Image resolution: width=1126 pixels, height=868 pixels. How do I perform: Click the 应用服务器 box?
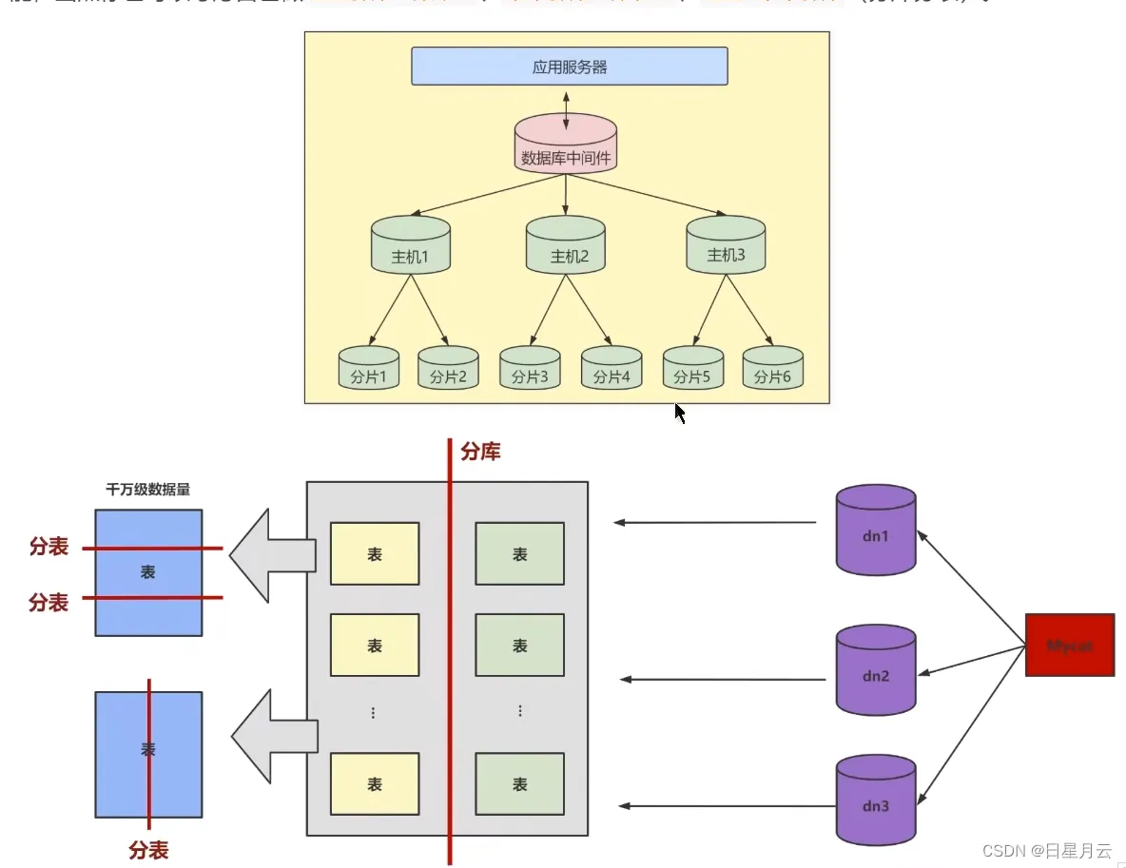pyautogui.click(x=569, y=67)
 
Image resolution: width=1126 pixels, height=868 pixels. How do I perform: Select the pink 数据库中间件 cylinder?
pyautogui.click(x=566, y=145)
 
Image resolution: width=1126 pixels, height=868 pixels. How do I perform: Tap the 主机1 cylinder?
pyautogui.click(x=410, y=245)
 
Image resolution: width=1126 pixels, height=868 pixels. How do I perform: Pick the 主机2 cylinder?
pyautogui.click(x=566, y=245)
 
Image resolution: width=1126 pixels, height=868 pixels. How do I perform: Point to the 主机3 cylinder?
pyautogui.click(x=726, y=244)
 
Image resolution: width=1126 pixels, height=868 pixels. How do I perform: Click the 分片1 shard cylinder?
pyautogui.click(x=369, y=368)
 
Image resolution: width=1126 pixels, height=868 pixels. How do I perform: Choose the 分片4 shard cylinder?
pyautogui.click(x=612, y=368)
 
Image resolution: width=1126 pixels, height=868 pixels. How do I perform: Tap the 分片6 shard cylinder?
pyautogui.click(x=772, y=368)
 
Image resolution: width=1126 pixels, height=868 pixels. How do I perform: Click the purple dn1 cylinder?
pyautogui.click(x=876, y=530)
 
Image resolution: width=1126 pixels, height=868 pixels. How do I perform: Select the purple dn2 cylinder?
pyautogui.click(x=876, y=670)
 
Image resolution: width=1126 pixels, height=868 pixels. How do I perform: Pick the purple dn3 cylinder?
pyautogui.click(x=876, y=800)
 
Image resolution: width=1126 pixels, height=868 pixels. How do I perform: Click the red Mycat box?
pyautogui.click(x=1069, y=645)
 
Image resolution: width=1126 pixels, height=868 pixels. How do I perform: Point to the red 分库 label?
pyautogui.click(x=480, y=452)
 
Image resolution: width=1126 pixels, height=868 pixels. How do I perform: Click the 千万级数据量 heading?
pyautogui.click(x=147, y=491)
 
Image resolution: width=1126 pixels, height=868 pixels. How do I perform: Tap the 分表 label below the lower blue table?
pyautogui.click(x=148, y=849)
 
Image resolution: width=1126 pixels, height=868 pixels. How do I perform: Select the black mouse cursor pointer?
pyautogui.click(x=680, y=413)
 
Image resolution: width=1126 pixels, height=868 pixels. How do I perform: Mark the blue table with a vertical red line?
pyautogui.click(x=148, y=754)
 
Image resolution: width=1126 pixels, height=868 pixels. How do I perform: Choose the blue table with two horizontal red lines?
pyautogui.click(x=148, y=572)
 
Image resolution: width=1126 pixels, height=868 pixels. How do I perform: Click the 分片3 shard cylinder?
pyautogui.click(x=530, y=368)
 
